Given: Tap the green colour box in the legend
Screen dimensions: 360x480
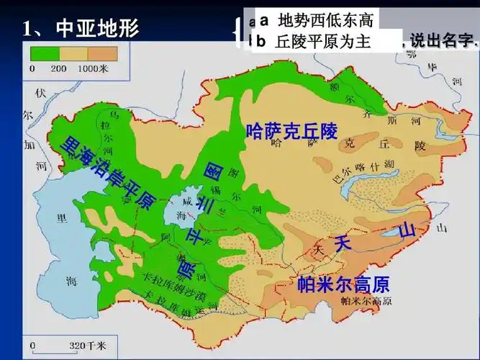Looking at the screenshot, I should [44, 53].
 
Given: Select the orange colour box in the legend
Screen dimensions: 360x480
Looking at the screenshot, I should [101, 53].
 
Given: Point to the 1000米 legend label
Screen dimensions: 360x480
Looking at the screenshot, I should [93, 68].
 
